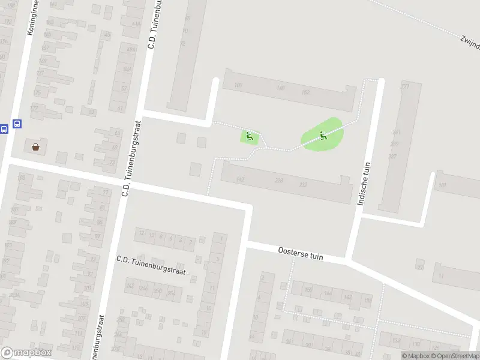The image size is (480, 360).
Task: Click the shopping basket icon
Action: (36, 146)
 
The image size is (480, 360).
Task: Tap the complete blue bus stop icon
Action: (17, 124)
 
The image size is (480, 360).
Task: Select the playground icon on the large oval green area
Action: (323, 135)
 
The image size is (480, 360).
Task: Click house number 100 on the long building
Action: (238, 85)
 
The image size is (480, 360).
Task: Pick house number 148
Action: (280, 89)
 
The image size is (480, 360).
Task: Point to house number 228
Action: (278, 181)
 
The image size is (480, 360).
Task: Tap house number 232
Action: (303, 184)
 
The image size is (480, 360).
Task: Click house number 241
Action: (395, 132)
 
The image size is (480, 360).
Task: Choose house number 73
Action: (112, 163)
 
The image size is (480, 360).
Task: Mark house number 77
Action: (106, 193)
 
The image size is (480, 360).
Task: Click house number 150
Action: (308, 290)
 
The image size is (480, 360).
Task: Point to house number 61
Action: (120, 108)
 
